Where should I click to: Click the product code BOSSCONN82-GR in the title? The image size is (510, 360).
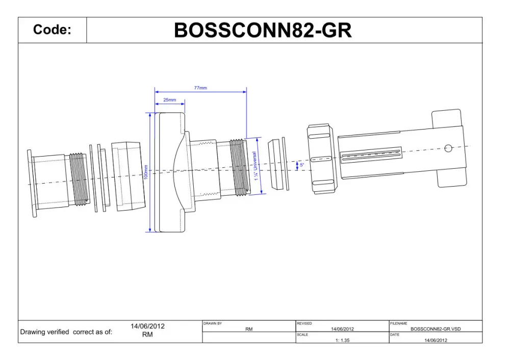(x=263, y=31)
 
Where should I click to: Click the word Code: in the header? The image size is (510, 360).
(x=52, y=30)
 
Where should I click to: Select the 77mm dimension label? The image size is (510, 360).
(x=200, y=88)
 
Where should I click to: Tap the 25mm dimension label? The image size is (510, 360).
(x=169, y=100)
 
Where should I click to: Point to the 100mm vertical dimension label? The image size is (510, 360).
(x=146, y=172)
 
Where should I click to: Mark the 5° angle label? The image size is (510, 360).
(x=301, y=165)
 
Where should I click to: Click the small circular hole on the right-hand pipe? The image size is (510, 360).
(x=448, y=148)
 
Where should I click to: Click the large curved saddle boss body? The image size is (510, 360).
(x=171, y=172)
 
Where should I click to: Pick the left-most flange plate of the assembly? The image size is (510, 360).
(x=32, y=183)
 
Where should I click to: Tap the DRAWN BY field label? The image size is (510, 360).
(x=213, y=324)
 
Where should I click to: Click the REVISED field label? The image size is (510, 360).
(x=304, y=324)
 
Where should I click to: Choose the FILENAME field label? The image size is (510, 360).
(x=399, y=324)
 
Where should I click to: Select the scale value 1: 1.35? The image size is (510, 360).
(x=342, y=340)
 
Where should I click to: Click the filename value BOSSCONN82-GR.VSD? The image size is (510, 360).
(x=435, y=329)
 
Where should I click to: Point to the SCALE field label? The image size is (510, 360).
(x=302, y=335)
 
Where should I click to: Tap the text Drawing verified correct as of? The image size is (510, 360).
(x=66, y=332)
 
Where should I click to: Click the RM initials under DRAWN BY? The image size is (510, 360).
(x=249, y=329)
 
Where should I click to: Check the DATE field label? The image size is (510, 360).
(x=395, y=335)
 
